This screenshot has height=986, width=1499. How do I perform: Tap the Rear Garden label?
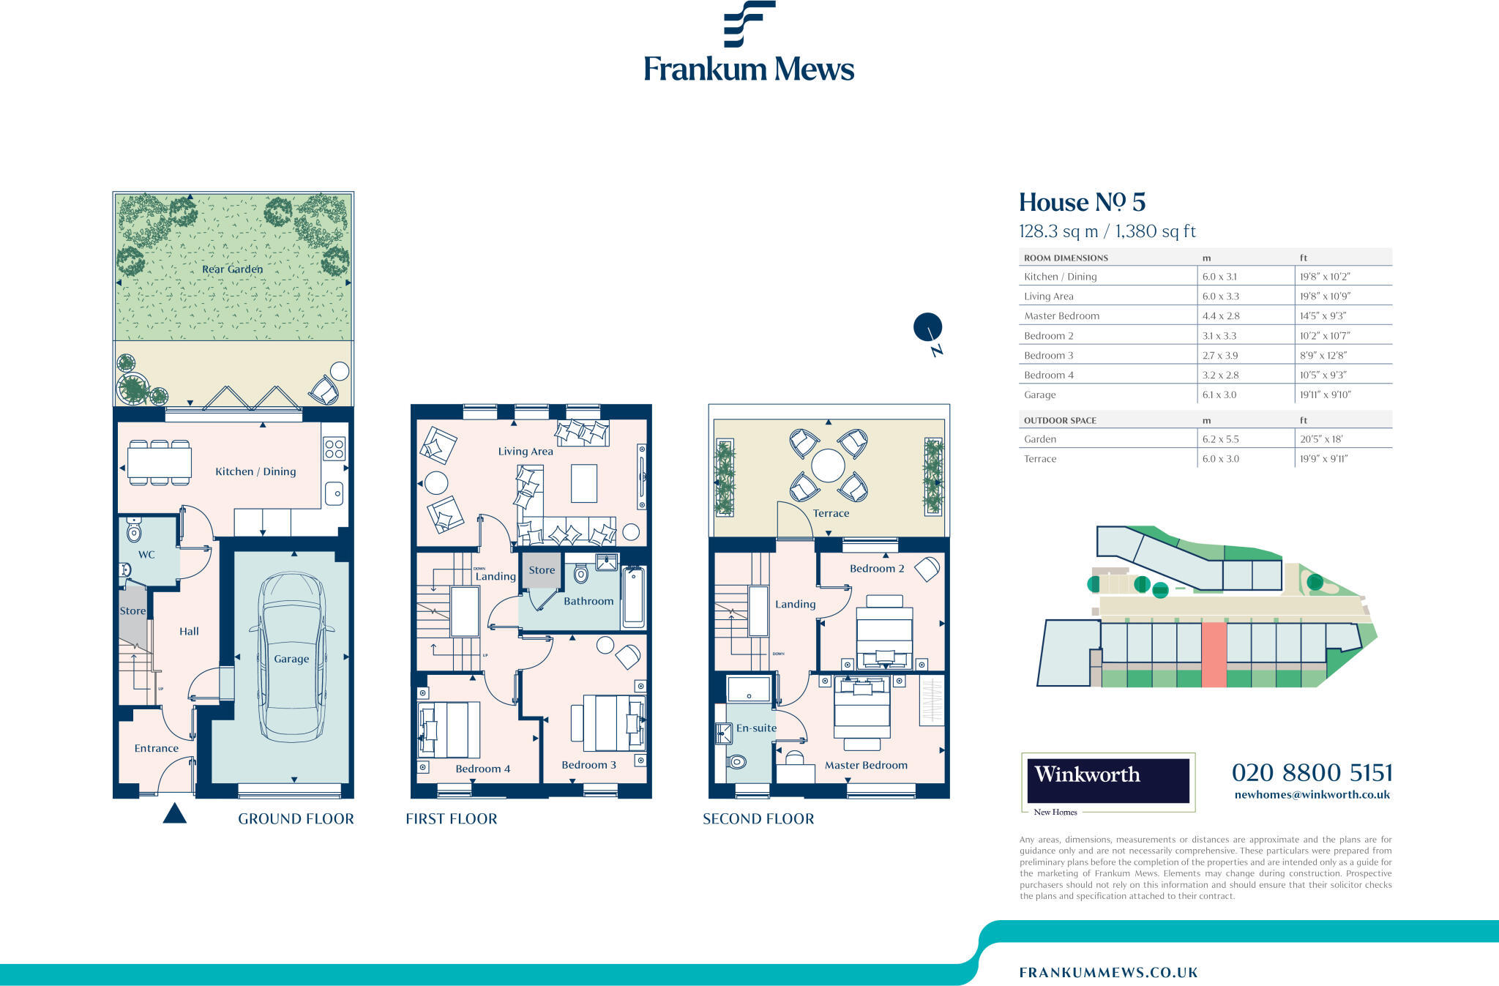pos(232,269)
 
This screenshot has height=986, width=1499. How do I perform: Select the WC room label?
pos(146,555)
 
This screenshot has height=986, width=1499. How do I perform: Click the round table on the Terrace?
pos(828,466)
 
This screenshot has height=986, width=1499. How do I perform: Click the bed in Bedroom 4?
pos(449,730)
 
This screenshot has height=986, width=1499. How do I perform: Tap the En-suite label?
pos(756,728)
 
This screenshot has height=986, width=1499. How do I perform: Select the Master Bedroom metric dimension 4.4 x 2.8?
pos(1221,316)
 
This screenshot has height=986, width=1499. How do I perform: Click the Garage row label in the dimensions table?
pos(1039,395)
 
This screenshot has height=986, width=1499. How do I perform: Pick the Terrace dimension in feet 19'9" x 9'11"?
pos(1323,459)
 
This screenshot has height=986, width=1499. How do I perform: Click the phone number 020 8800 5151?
pos(1312,773)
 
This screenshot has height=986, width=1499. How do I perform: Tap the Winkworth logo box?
pos(1108,781)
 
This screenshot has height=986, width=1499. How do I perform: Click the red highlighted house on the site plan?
pos(1214,654)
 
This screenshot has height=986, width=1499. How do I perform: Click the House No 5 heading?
pos(1082,203)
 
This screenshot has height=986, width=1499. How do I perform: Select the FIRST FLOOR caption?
pos(451,819)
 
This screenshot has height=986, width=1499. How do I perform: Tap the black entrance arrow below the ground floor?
pos(174,814)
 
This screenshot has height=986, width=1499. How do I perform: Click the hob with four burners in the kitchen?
pos(334,449)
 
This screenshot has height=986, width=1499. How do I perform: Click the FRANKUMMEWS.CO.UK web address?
pos(1108,973)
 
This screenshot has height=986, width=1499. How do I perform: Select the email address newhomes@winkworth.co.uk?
pos(1312,795)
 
